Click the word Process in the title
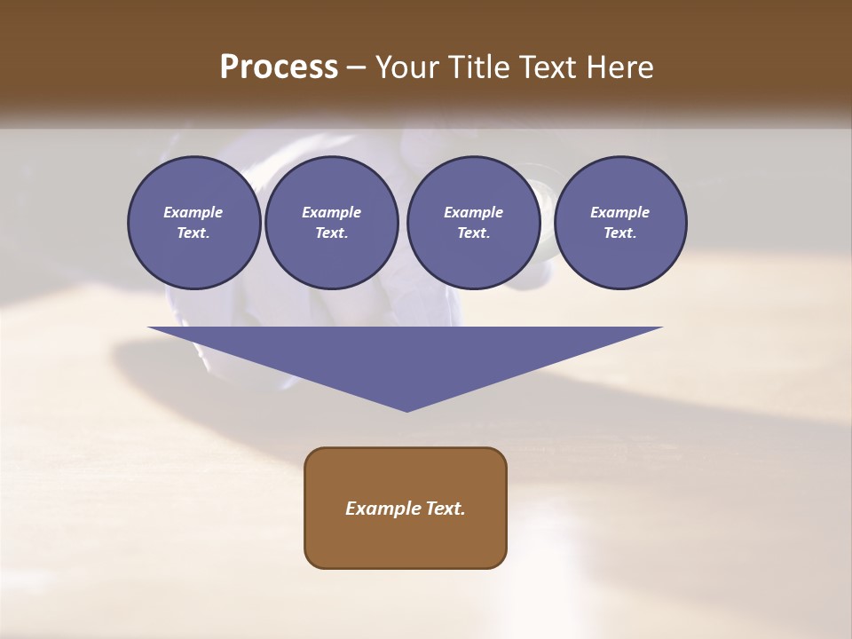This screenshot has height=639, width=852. click(279, 67)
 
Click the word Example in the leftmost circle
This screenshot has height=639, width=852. click(193, 212)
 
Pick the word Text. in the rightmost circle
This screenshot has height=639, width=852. click(620, 233)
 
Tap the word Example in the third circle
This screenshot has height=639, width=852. click(473, 212)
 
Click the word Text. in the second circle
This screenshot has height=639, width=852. click(332, 233)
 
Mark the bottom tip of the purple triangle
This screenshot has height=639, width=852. click(406, 409)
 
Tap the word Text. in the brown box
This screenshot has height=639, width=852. click(443, 509)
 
